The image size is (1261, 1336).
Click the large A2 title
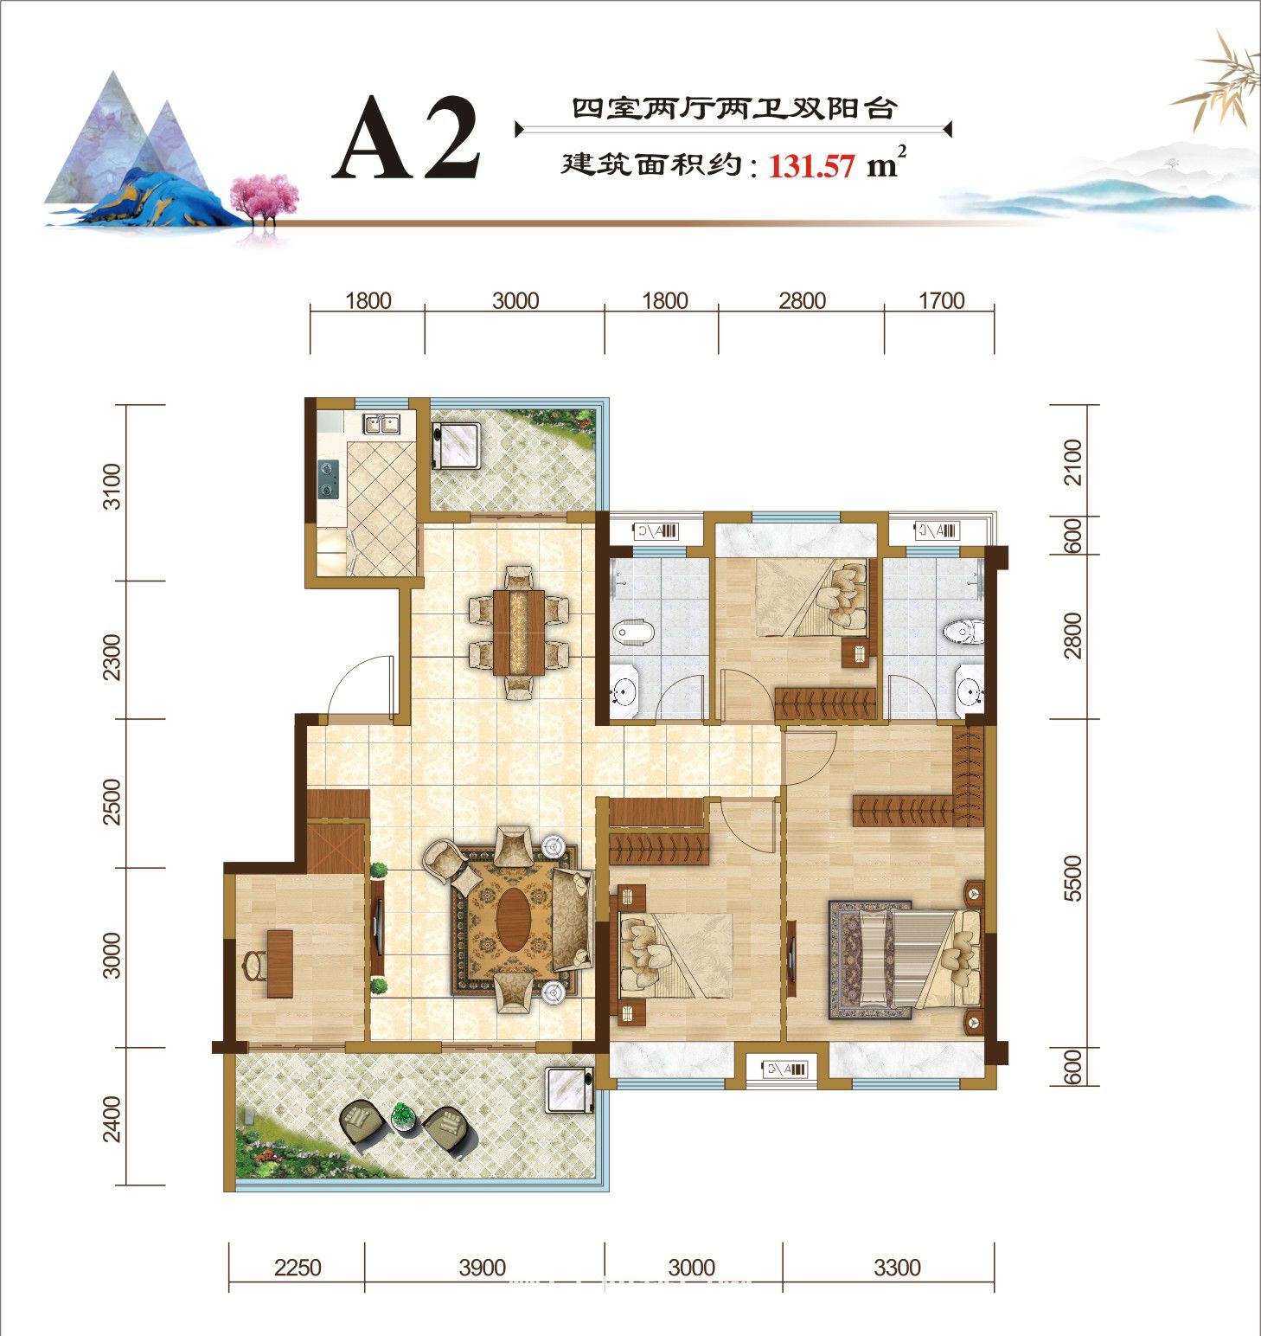point(406,139)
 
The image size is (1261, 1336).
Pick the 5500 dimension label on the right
point(1072,878)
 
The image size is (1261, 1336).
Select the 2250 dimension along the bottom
point(297,1268)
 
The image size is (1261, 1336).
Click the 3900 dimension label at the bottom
point(483,1268)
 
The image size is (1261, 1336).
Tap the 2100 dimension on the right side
point(1072,463)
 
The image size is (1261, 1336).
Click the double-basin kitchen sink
point(381,424)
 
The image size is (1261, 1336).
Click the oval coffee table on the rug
point(515,920)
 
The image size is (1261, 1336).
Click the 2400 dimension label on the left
point(113,1119)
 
